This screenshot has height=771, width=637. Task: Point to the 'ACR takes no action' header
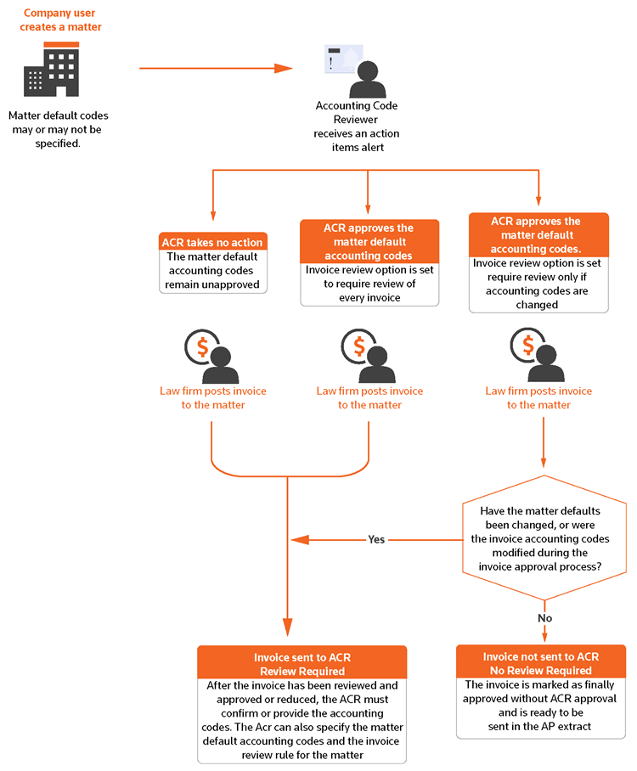213,242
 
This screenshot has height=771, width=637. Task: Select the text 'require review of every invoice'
369,290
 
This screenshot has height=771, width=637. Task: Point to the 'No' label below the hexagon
544,618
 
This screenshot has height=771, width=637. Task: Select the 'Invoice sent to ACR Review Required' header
302,663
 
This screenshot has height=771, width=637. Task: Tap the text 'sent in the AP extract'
541,728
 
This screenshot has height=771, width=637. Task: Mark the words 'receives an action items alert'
356,140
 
